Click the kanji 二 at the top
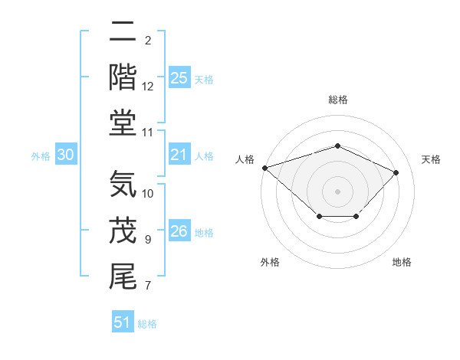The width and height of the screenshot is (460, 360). click(123, 32)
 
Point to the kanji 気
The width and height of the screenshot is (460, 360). click(123, 184)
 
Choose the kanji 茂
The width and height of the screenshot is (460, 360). click(123, 230)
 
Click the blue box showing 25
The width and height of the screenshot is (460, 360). click(179, 78)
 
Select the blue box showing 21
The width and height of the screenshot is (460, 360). click(179, 155)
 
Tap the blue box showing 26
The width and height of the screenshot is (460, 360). click(179, 232)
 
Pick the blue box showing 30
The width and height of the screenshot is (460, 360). click(65, 155)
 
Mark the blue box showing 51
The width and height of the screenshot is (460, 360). click(123, 322)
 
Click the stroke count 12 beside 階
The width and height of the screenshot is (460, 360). click(148, 87)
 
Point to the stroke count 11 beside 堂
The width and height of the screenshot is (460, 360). click(148, 133)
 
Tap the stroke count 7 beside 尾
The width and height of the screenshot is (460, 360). click(148, 286)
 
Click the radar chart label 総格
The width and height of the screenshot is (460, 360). click(338, 100)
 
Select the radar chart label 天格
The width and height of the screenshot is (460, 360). click(431, 159)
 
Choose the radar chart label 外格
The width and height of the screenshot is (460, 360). click(270, 262)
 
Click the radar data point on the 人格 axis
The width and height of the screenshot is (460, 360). click(264, 168)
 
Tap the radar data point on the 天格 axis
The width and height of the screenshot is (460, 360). click(396, 172)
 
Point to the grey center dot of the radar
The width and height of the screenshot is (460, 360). click(337, 191)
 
